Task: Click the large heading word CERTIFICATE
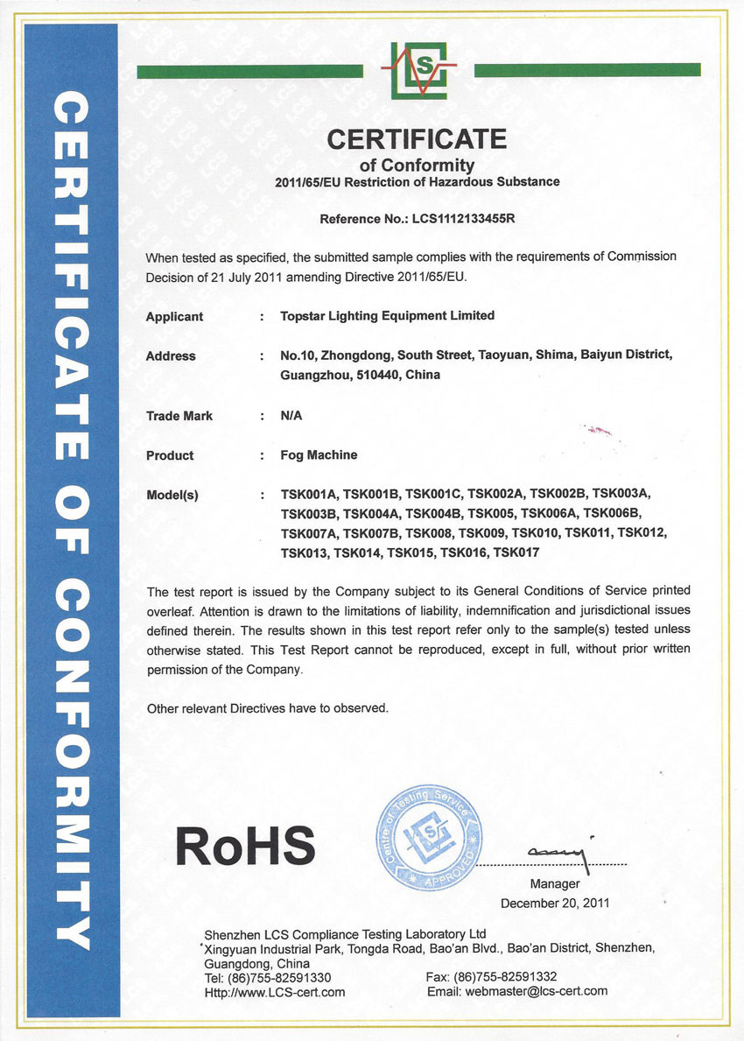[417, 139]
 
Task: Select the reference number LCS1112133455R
[463, 220]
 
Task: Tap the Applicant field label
[174, 316]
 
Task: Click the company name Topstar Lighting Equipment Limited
[387, 316]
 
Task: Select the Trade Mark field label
[179, 416]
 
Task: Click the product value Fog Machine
[319, 455]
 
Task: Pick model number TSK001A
[308, 495]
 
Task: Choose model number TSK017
[516, 552]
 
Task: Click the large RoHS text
[245, 845]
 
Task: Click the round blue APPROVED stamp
[429, 836]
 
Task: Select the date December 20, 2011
[554, 903]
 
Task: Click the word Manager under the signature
[554, 884]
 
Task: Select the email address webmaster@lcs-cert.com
[537, 991]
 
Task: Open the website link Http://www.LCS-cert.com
[274, 992]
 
